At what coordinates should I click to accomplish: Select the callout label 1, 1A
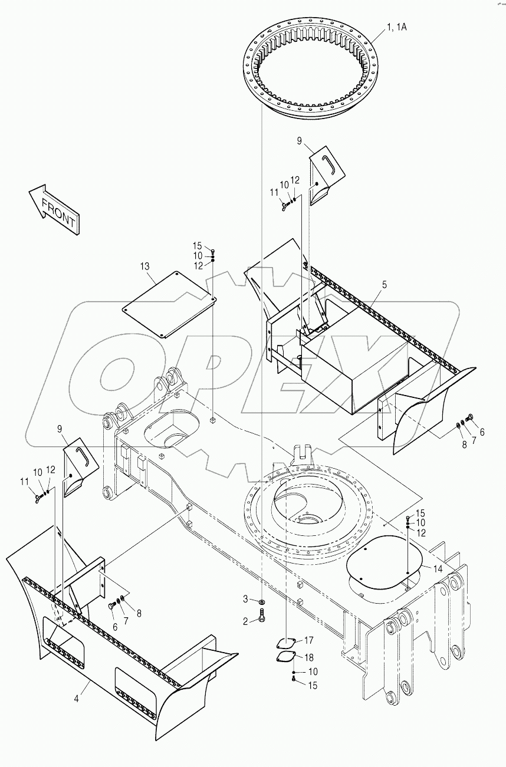click(x=397, y=27)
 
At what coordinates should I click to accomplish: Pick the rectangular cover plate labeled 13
click(x=169, y=304)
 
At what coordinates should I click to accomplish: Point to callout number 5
click(x=384, y=285)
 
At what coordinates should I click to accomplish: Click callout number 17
click(x=309, y=640)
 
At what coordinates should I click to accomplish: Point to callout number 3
click(x=246, y=600)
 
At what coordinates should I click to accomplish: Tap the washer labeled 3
click(x=261, y=601)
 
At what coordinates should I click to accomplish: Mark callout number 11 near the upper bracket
click(x=274, y=192)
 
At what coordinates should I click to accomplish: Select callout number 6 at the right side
click(x=482, y=432)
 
